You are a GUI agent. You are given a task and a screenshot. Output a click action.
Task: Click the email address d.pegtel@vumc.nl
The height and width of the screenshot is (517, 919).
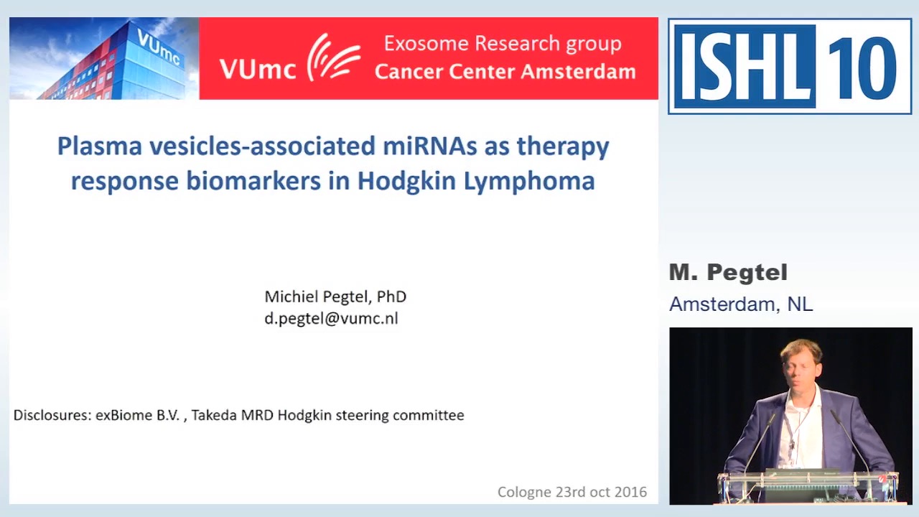[331, 319]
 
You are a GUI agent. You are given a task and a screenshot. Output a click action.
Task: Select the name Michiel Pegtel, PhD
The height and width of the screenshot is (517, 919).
[335, 297]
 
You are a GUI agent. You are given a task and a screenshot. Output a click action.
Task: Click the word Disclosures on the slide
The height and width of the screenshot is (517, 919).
[52, 415]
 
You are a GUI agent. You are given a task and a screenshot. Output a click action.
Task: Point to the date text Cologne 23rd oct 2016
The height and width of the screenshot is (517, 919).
[572, 492]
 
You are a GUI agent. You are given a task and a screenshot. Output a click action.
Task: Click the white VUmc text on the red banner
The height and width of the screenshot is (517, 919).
[258, 69]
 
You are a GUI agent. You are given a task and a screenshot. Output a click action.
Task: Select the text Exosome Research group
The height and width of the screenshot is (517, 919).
[503, 44]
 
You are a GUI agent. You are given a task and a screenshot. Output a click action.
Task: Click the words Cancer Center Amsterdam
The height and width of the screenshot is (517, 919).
[505, 72]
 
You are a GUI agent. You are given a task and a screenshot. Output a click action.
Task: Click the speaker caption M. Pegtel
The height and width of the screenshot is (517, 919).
[728, 273]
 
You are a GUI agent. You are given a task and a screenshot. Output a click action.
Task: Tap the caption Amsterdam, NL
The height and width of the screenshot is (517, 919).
[741, 304]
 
